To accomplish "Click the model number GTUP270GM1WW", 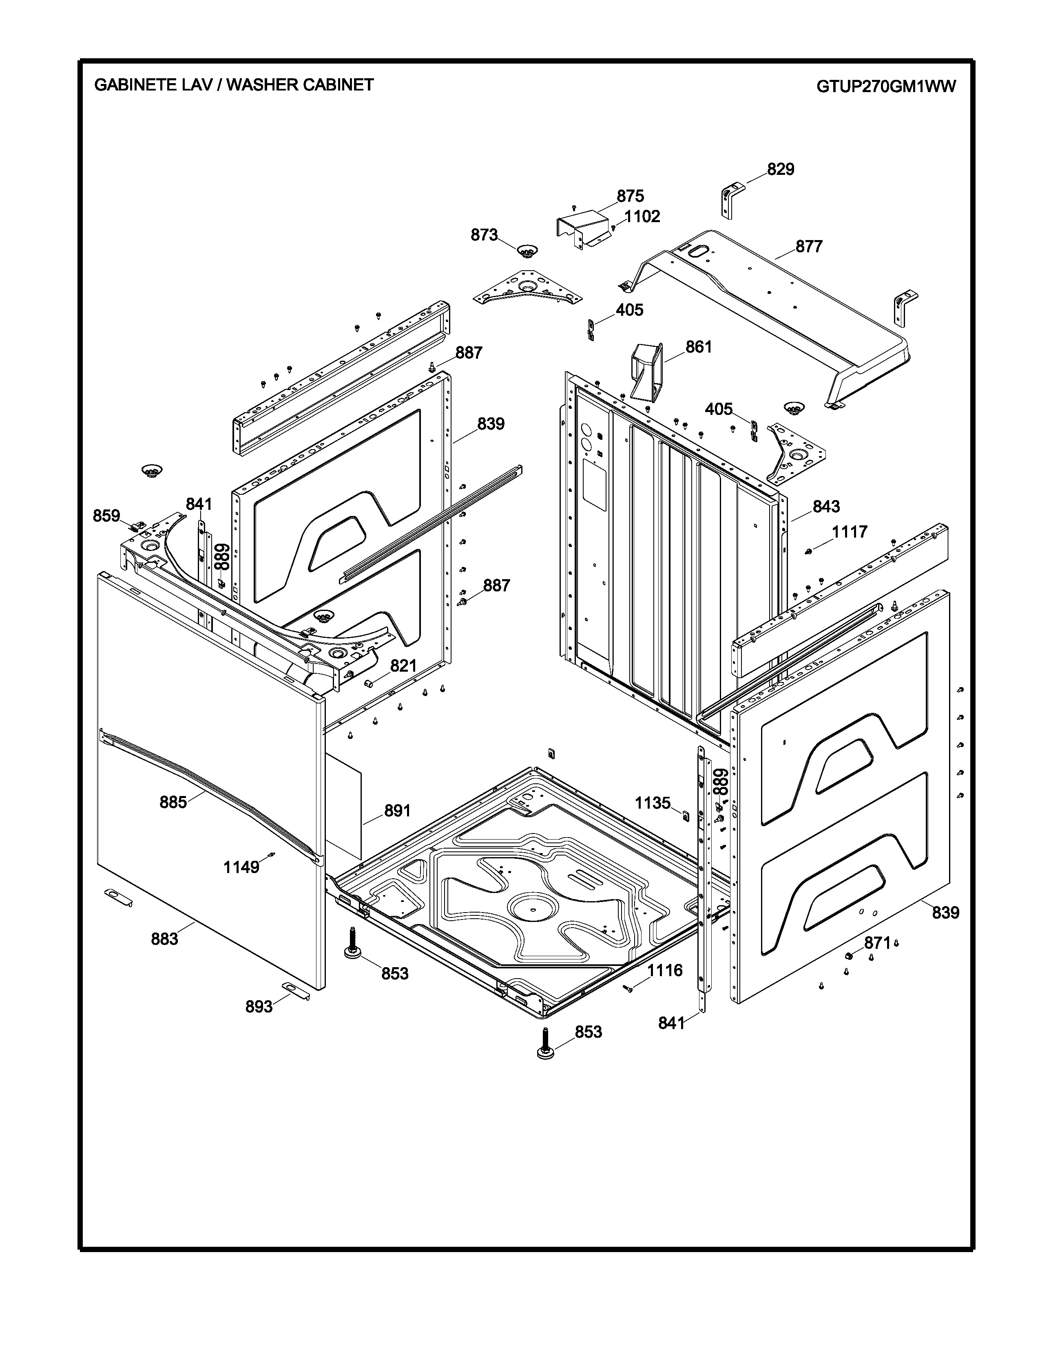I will pyautogui.click(x=886, y=87).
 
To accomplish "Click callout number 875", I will pyautogui.click(x=630, y=196).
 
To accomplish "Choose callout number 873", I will pyautogui.click(x=484, y=235).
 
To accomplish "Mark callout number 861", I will pyautogui.click(x=699, y=347).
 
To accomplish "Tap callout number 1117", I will pyautogui.click(x=850, y=531).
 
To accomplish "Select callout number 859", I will pyautogui.click(x=106, y=516).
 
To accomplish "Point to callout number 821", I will pyautogui.click(x=403, y=666).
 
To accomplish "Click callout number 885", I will pyautogui.click(x=173, y=802).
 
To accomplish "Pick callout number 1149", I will pyautogui.click(x=241, y=867).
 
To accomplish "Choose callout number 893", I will pyautogui.click(x=259, y=1006).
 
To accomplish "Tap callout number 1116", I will pyautogui.click(x=665, y=970).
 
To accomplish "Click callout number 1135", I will pyautogui.click(x=653, y=803).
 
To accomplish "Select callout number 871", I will pyautogui.click(x=877, y=943).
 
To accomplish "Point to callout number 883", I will pyautogui.click(x=164, y=939).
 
